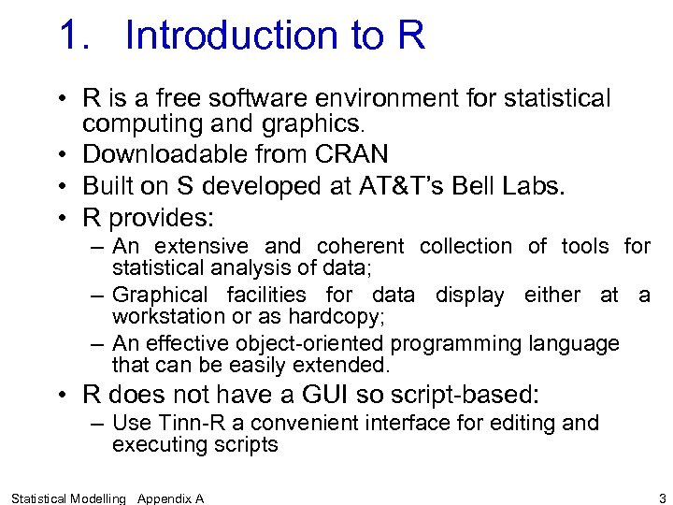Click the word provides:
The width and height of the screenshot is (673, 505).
(x=162, y=219)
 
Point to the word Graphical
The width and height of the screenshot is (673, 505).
(x=162, y=296)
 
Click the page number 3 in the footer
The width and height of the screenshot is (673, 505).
(x=662, y=498)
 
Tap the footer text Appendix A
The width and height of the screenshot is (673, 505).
(x=170, y=498)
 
